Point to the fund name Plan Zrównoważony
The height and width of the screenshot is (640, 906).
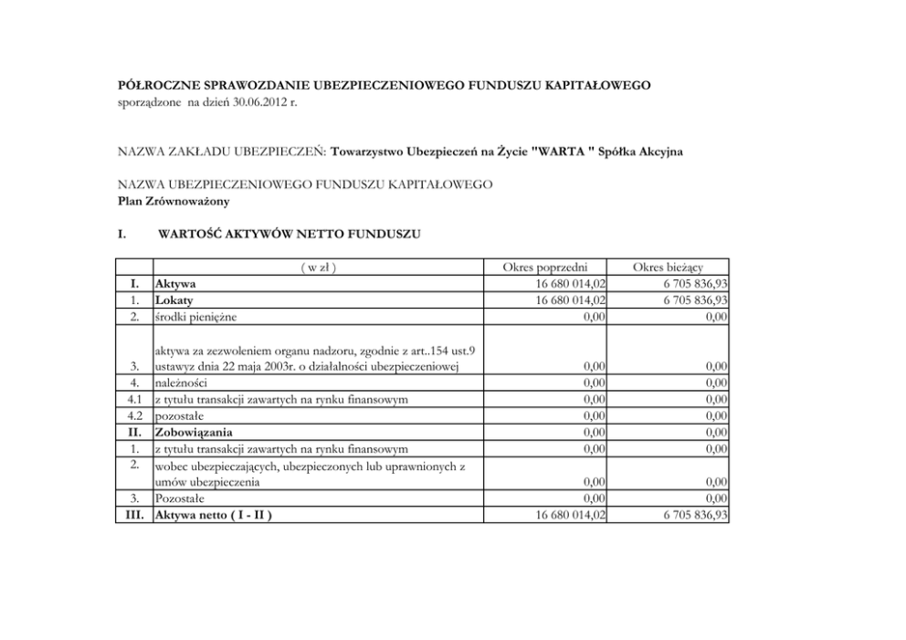point(174,200)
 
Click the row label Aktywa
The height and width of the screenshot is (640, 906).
point(175,284)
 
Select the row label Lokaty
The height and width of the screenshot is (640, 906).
point(174,299)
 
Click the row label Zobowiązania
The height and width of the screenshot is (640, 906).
point(194,432)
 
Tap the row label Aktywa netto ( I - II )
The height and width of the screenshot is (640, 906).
point(214,515)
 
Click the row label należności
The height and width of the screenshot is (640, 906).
point(181,383)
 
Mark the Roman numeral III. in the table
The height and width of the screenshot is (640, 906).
point(135,515)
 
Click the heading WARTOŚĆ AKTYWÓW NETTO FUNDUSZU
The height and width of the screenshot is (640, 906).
point(290,234)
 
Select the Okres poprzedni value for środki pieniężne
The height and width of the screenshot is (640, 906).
point(593,316)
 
